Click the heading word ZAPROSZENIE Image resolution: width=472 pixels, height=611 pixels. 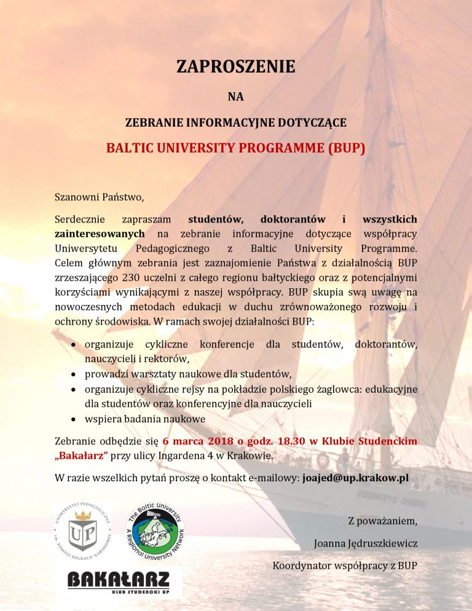[x=236, y=66]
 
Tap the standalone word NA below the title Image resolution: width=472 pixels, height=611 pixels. [x=236, y=96]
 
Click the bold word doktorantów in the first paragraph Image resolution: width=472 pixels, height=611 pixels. [x=289, y=219]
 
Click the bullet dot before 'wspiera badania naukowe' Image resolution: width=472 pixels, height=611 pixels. [x=73, y=419]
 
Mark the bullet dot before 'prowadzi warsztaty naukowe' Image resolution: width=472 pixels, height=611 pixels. [x=73, y=374]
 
